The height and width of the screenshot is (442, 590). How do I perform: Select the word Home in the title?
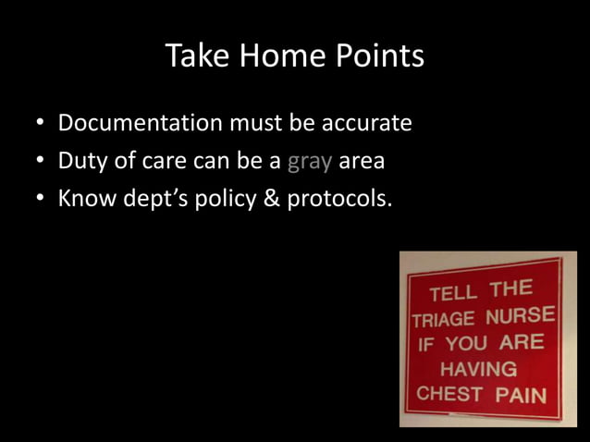283,57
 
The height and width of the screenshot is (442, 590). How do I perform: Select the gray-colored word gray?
309,163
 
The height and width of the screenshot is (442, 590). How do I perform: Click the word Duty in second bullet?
82,161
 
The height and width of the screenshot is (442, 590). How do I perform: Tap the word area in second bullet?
362,162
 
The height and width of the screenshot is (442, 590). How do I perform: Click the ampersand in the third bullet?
270,199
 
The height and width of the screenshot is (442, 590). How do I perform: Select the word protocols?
339,200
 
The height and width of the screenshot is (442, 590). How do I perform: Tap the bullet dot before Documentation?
41,124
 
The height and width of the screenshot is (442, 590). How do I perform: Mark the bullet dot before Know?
41,200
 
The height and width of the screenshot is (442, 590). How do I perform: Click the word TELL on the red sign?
453,293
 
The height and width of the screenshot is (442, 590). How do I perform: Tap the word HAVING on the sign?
478,369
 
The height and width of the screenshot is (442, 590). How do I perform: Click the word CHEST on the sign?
449,394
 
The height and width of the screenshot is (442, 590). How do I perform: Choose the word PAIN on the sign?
521,396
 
